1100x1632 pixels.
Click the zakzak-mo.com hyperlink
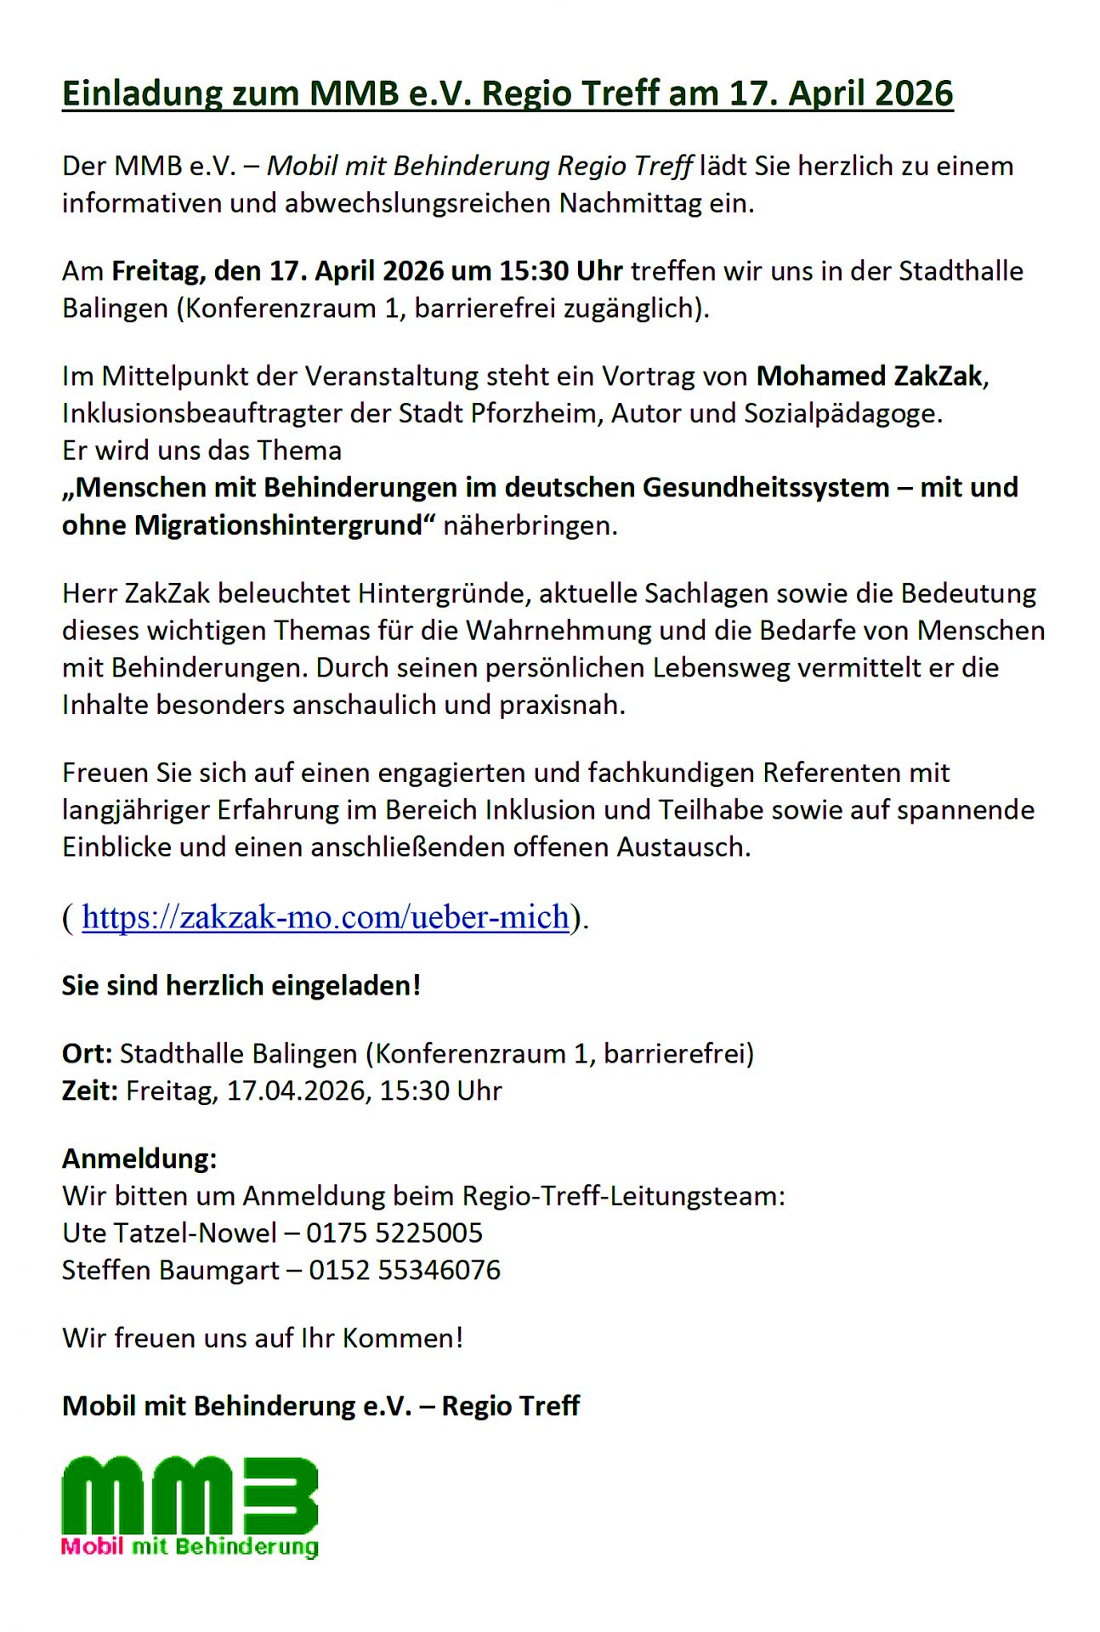tap(326, 917)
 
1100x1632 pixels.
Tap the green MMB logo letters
tap(190, 1494)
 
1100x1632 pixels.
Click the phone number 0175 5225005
tap(394, 1232)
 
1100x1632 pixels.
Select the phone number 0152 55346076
tap(405, 1270)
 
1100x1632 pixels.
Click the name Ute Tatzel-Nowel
tap(170, 1232)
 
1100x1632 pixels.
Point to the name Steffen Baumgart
tap(171, 1270)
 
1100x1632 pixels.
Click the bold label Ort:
tap(87, 1054)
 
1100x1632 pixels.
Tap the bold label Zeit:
tap(89, 1091)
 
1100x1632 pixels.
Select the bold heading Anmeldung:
tap(139, 1159)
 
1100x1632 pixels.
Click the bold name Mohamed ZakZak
tap(870, 376)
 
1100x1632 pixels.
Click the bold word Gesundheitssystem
tap(766, 488)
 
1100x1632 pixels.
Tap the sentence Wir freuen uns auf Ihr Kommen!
tap(263, 1338)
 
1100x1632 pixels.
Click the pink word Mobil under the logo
tap(93, 1546)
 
